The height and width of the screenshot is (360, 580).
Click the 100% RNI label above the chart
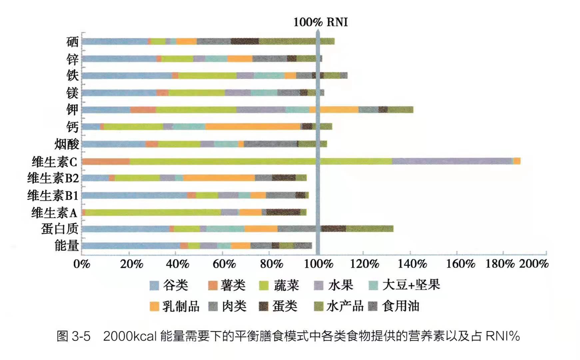(320, 22)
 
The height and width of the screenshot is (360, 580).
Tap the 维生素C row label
(55, 162)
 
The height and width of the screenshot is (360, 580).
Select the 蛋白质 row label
(60, 229)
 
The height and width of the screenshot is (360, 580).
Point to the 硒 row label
(72, 42)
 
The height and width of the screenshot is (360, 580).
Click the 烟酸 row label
(67, 144)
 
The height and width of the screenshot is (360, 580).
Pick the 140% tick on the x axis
(412, 264)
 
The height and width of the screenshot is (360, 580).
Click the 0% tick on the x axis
(82, 264)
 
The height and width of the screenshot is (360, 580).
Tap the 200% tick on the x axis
(534, 264)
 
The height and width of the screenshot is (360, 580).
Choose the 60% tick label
(224, 264)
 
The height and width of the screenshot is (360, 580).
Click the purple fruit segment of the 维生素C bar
(452, 161)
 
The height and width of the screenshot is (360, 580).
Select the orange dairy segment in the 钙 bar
(253, 127)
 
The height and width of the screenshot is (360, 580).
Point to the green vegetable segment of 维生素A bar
(153, 212)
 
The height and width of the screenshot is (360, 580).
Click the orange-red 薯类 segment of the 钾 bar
(143, 110)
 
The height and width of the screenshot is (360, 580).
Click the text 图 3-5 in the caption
(74, 336)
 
